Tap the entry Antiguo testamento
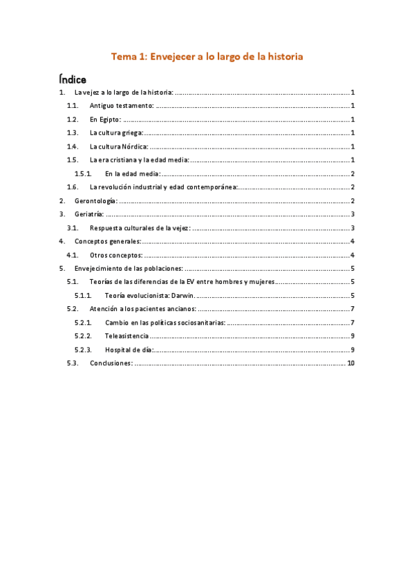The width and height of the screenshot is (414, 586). pos(122,106)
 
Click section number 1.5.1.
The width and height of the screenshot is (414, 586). pos(83,173)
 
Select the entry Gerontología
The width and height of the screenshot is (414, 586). pos(97,200)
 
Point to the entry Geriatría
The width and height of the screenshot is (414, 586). pos(90,214)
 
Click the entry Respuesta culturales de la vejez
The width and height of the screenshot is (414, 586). pos(140,227)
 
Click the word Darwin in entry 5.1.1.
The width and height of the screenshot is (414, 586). pos(183,295)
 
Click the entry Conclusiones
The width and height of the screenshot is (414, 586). pos(111,363)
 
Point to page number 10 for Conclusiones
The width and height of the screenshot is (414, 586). pos(350,363)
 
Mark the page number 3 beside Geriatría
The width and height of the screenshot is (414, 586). pos(352,214)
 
